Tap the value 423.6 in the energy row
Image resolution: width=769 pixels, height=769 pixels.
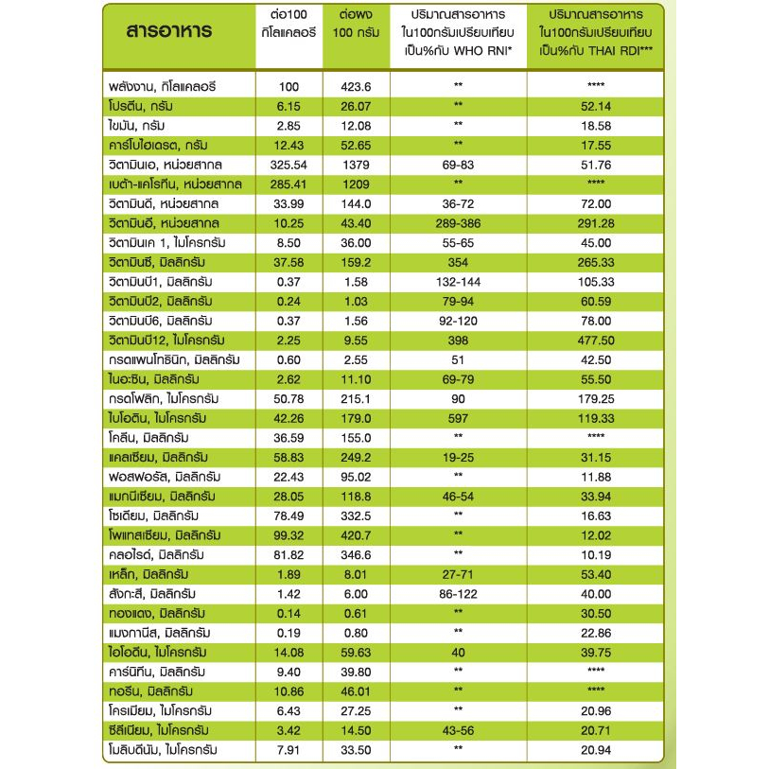point(356,86)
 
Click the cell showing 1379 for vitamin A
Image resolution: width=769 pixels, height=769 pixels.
point(356,164)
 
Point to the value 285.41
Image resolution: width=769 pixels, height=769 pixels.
point(289,183)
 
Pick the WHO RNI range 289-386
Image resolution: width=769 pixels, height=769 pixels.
point(458,222)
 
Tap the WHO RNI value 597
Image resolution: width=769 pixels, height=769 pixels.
point(458,417)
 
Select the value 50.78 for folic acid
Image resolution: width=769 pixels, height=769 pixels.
point(289,398)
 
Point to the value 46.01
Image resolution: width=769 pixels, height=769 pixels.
point(356,690)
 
